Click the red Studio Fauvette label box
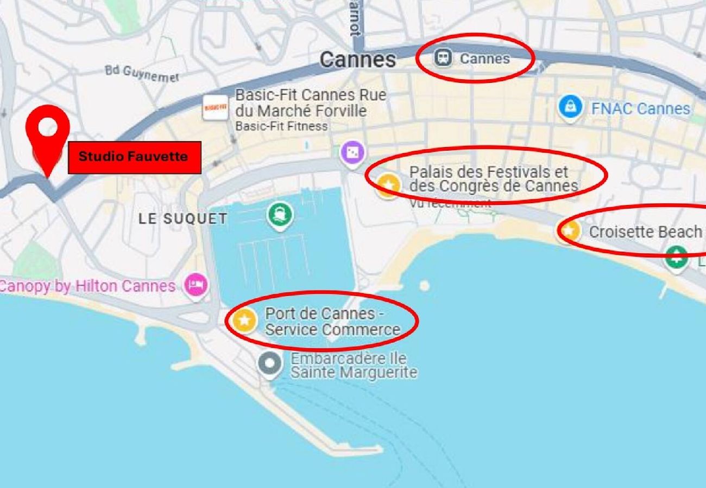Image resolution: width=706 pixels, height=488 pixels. (134, 157)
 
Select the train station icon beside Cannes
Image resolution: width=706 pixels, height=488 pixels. (443, 58)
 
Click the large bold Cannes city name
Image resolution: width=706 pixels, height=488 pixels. (357, 60)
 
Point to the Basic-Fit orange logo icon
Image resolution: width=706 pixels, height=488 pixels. (215, 108)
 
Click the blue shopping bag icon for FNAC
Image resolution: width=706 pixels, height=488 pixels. (570, 107)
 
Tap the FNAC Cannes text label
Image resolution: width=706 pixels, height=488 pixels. (640, 108)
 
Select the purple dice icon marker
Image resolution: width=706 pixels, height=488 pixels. (352, 153)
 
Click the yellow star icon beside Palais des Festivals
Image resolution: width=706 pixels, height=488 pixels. (388, 185)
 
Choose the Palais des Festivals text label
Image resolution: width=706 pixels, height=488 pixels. (493, 179)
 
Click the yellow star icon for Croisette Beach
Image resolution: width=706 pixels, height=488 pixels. (569, 232)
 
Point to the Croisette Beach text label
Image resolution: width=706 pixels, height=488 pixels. (645, 232)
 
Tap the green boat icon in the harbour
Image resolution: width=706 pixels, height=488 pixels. (280, 215)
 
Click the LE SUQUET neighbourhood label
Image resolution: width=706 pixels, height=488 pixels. (182, 219)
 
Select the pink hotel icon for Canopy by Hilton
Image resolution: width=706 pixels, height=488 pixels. (196, 285)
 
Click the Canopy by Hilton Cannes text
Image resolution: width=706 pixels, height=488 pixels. (87, 286)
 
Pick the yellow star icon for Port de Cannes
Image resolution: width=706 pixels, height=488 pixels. (244, 320)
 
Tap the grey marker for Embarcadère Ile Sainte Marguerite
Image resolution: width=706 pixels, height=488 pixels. (270, 362)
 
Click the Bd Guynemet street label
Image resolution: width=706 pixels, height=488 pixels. (142, 74)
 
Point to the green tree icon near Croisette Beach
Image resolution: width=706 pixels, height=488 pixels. (676, 256)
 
